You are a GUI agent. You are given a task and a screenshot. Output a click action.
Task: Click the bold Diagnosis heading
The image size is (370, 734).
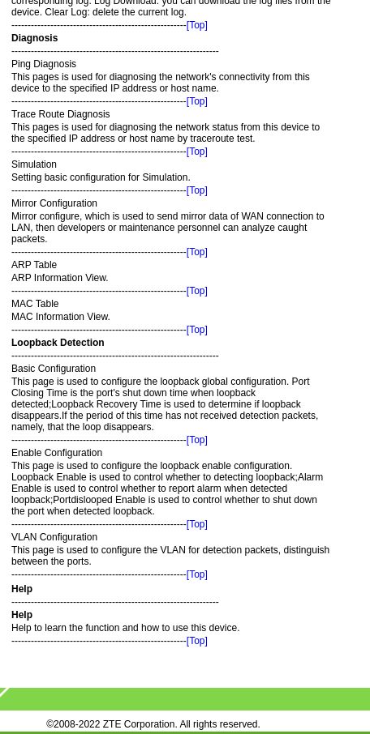click(x=34, y=38)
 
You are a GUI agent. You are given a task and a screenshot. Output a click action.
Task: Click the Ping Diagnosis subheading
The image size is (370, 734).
click(x=44, y=64)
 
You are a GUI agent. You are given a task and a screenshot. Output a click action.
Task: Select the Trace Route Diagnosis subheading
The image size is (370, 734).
click(x=60, y=114)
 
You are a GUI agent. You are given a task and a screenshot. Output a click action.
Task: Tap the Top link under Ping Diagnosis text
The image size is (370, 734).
click(x=196, y=101)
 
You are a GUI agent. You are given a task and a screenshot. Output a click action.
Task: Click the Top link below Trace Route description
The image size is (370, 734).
click(x=196, y=151)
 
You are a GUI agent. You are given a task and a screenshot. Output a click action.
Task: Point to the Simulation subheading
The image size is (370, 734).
click(x=34, y=164)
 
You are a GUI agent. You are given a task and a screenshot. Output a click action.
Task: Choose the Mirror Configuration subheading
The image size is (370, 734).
click(x=54, y=203)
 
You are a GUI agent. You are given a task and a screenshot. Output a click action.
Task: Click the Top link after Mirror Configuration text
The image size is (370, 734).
click(x=196, y=252)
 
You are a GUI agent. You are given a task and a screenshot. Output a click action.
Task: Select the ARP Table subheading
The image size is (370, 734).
click(x=34, y=265)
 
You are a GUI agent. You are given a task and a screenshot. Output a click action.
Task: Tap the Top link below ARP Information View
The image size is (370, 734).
click(x=196, y=291)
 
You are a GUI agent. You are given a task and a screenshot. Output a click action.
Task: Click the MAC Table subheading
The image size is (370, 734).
click(x=35, y=304)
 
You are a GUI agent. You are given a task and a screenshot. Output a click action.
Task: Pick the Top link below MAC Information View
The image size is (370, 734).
click(x=196, y=330)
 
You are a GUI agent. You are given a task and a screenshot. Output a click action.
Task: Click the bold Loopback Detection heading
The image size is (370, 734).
click(x=58, y=343)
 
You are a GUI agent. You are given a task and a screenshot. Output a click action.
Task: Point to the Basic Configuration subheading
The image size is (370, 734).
click(x=54, y=369)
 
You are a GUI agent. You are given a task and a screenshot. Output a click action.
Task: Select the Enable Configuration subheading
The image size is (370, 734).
click(x=57, y=453)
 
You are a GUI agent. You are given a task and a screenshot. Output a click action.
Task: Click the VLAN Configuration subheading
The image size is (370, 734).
click(x=54, y=537)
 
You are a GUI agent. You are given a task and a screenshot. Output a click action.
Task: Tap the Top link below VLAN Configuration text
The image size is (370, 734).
click(x=196, y=574)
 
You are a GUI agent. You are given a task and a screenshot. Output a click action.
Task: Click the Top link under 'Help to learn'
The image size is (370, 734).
click(x=196, y=641)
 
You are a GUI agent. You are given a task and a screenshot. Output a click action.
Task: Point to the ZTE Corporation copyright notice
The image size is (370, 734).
click(x=153, y=724)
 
